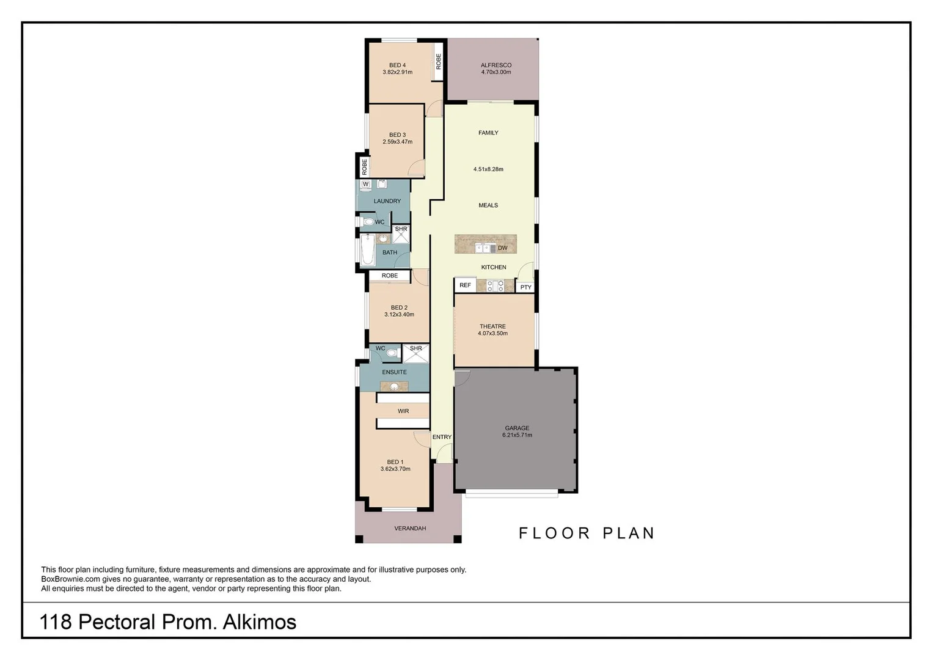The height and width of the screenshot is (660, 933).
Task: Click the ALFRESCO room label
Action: pos(496,65)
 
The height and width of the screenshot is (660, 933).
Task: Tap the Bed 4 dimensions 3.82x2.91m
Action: pos(397,72)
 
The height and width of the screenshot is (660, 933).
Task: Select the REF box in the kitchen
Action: pos(465,285)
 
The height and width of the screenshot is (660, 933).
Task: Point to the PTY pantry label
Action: pos(525,287)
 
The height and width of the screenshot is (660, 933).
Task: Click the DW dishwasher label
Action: pos(503,248)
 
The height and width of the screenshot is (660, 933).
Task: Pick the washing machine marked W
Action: pos(366,184)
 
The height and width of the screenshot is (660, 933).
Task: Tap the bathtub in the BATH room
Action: pos(367,249)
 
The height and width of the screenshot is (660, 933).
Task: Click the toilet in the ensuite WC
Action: pos(391,353)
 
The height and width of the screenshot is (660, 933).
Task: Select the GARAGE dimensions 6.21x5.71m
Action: pos(517,435)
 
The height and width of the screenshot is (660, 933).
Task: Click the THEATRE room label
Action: pos(492,326)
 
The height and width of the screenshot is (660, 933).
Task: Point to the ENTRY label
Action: pos(442,437)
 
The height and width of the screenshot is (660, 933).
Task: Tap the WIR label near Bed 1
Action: pos(403,411)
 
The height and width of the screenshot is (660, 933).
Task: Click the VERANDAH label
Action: pos(410,529)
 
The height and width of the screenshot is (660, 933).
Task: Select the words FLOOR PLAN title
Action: pos(587,533)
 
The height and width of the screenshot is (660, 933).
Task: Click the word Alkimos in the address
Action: pos(260,622)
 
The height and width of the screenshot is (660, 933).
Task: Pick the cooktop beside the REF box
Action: pos(496,286)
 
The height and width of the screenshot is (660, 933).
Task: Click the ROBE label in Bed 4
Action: pos(438,62)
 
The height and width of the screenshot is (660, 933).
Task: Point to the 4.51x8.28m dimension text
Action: pos(488,169)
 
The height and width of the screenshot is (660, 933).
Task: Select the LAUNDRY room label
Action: pos(387,201)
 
